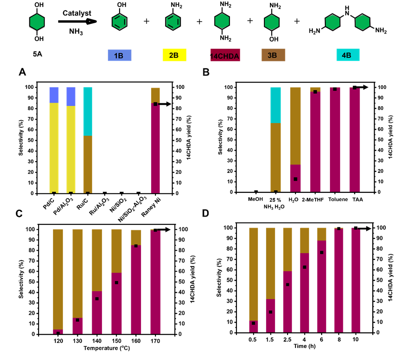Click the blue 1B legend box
click(x=120, y=55)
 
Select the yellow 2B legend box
click(x=175, y=55)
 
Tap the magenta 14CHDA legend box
click(x=225, y=55)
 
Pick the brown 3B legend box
click(x=273, y=55)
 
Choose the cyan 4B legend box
click(x=348, y=55)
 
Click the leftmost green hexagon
click(x=37, y=22)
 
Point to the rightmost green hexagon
click(x=363, y=22)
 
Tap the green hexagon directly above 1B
click(x=119, y=22)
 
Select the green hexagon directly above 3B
click(x=272, y=22)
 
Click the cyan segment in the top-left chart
click(x=88, y=111)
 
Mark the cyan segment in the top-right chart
click(x=275, y=105)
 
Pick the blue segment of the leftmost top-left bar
click(x=54, y=95)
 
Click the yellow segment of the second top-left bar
click(x=71, y=149)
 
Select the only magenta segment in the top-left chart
click(x=155, y=149)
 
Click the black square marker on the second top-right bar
click(x=296, y=179)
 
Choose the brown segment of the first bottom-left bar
click(x=58, y=279)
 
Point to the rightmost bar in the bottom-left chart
click(x=155, y=282)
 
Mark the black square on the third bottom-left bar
click(x=97, y=299)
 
